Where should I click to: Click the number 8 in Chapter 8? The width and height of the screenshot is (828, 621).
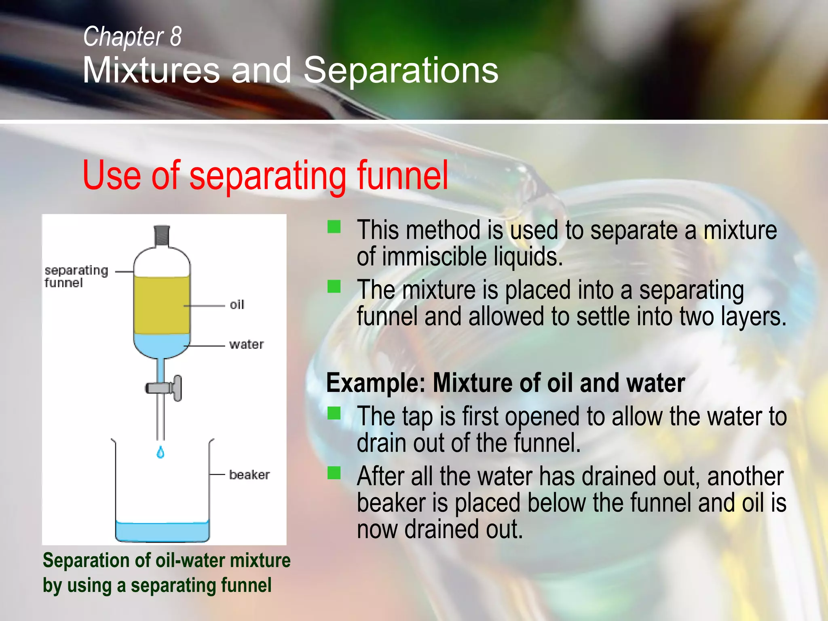coord(175,36)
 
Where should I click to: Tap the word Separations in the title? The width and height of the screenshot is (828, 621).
coord(401,70)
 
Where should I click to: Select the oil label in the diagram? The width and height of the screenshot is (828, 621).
coord(237,305)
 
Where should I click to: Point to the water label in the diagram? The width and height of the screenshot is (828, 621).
coord(246,344)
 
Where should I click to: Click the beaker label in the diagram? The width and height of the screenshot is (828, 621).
coord(249,475)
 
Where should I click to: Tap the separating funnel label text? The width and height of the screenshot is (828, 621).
coord(76,276)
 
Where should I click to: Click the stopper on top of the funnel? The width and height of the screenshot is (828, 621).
coord(162,235)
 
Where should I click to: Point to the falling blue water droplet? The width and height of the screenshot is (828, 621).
coord(161,452)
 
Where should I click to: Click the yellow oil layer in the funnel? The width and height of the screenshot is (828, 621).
coord(162,305)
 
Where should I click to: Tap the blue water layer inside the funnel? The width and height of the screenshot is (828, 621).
coord(162,346)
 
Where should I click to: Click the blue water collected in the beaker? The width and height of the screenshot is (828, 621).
coord(162,531)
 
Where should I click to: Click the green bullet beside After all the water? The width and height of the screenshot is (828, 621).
coord(334,472)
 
